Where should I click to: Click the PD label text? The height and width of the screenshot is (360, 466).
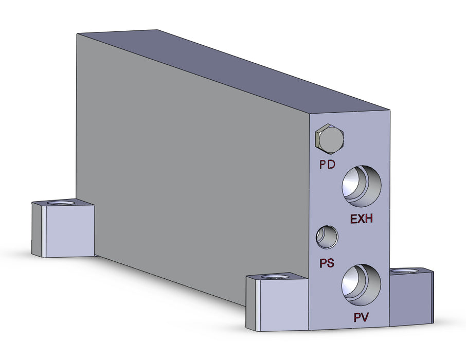(327, 165)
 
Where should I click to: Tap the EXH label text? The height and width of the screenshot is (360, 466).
(361, 219)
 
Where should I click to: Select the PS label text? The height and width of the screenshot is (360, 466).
(327, 263)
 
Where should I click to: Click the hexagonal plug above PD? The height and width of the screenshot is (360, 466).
(329, 139)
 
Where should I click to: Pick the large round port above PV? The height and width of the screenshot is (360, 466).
(362, 283)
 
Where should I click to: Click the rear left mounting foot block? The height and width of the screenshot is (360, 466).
(63, 229)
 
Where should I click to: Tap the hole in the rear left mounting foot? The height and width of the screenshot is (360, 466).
(61, 203)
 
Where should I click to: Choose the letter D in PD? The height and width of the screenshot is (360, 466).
(331, 165)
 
